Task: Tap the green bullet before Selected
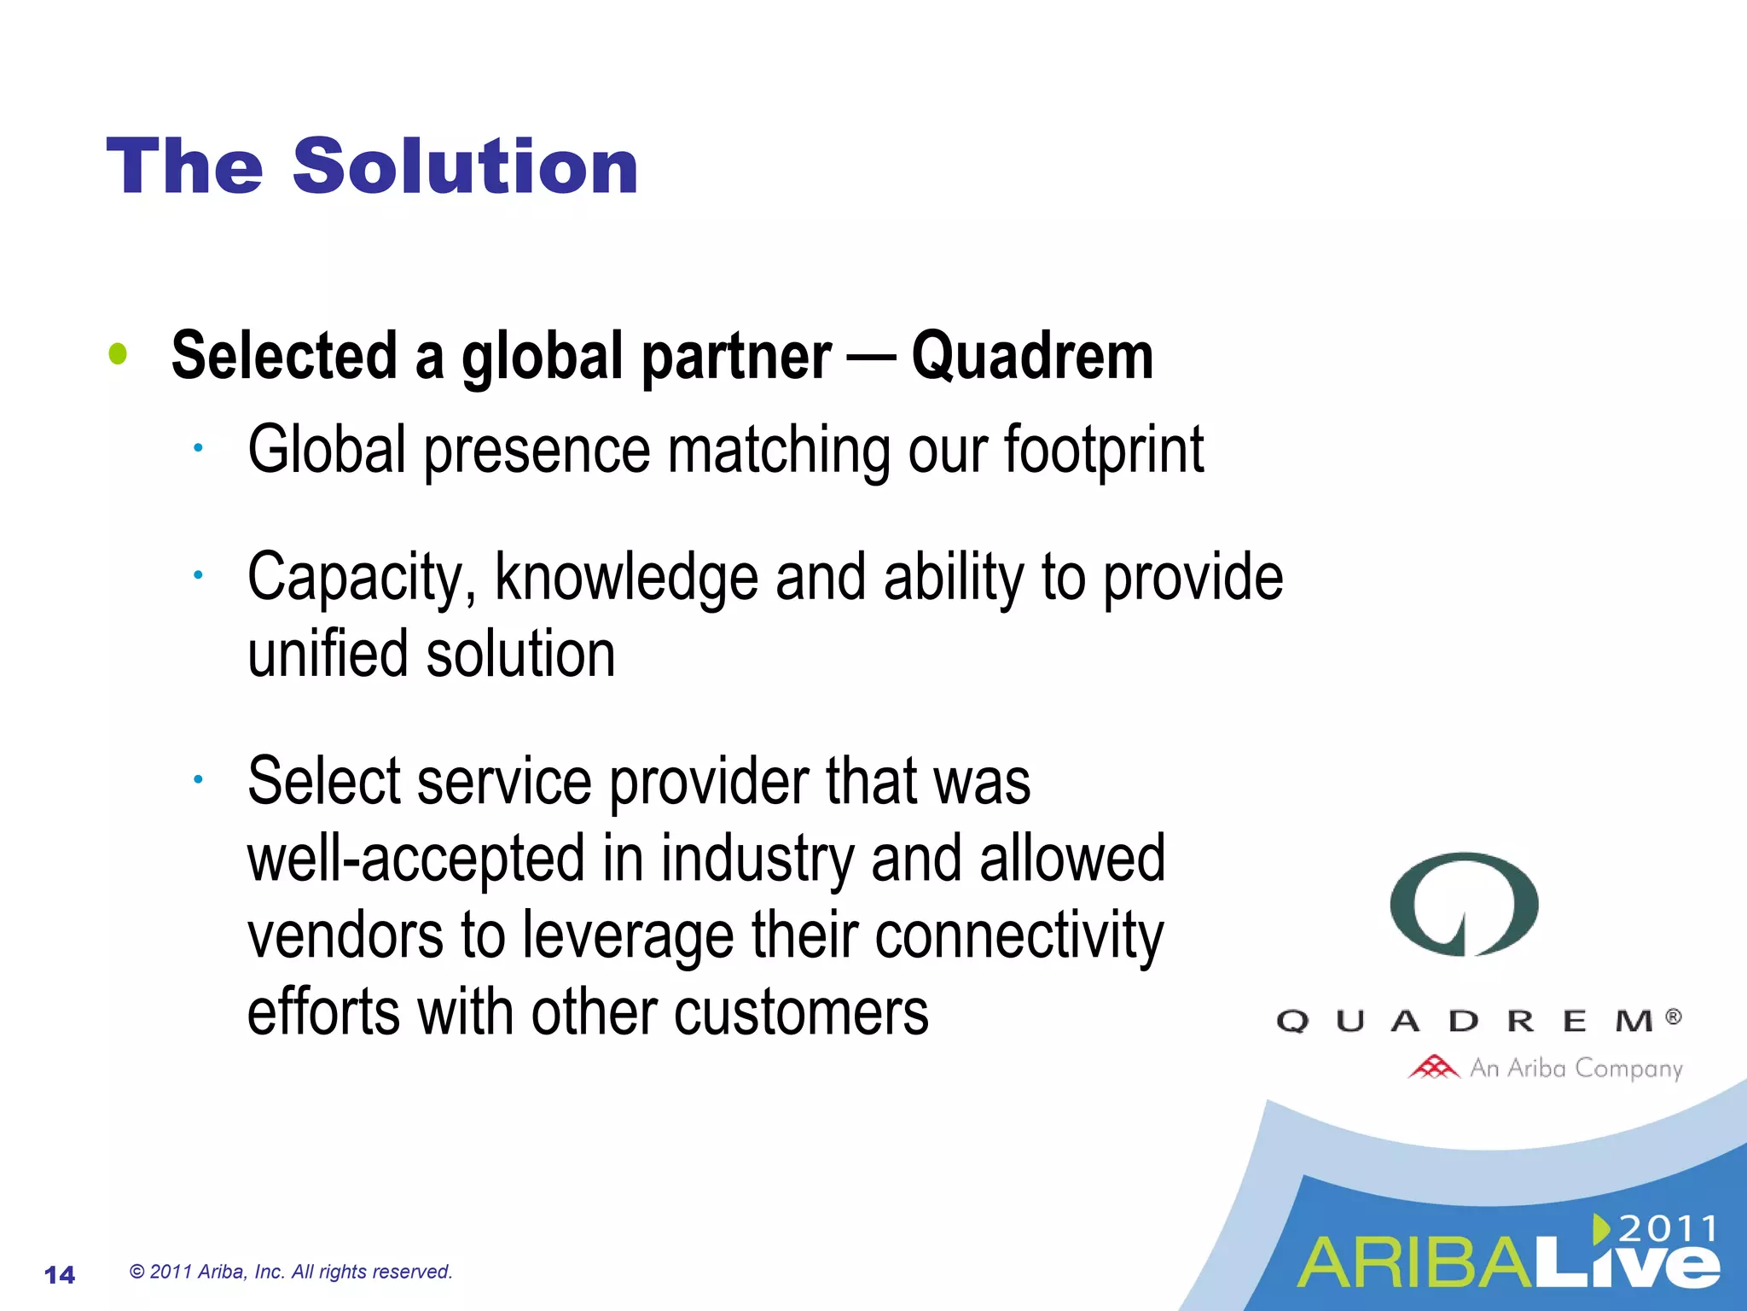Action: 118,354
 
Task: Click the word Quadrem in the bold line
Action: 1032,356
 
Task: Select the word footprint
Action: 1103,450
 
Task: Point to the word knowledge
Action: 626,578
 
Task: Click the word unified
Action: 328,654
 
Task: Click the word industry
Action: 757,859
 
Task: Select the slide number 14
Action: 60,1274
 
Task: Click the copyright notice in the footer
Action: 291,1272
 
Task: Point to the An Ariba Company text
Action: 1576,1068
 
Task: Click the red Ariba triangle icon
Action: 1433,1067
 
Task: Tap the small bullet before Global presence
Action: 197,448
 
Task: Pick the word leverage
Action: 628,935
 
